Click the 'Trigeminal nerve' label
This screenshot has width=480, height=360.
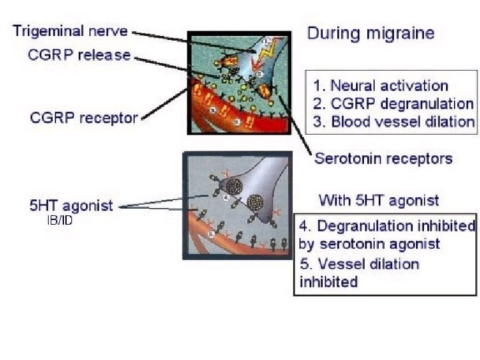tap(70, 31)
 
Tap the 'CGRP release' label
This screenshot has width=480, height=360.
tap(79, 55)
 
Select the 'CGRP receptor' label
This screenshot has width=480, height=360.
tap(84, 119)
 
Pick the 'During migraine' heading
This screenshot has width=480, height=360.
tap(371, 33)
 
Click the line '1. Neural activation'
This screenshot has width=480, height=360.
tap(381, 86)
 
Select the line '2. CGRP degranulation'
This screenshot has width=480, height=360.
tap(393, 104)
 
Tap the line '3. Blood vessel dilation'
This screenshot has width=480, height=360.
tap(394, 122)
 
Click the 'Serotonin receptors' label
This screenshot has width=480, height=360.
tap(383, 159)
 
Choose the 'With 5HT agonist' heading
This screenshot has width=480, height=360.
tap(379, 200)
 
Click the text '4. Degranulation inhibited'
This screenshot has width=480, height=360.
tap(387, 226)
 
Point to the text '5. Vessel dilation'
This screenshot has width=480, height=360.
tap(359, 264)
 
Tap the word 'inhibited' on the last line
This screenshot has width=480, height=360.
tap(329, 282)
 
